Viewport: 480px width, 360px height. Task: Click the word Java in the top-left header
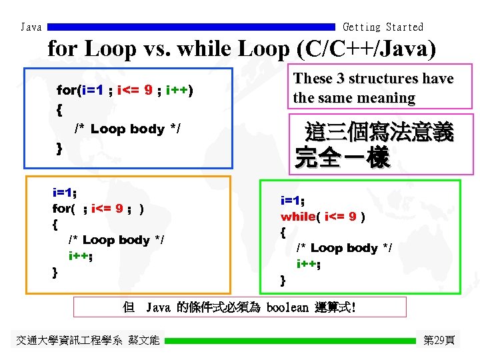[31, 27]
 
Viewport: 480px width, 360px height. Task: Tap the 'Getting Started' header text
[383, 27]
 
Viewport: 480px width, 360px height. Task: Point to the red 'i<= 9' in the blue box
[135, 89]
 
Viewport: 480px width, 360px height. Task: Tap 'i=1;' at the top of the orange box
[65, 193]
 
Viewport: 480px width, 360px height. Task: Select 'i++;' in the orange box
[81, 255]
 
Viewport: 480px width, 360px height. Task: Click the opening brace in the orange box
[55, 225]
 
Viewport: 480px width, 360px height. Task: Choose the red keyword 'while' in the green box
[298, 217]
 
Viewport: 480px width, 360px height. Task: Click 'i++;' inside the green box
[309, 264]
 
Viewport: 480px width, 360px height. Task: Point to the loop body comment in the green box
[344, 248]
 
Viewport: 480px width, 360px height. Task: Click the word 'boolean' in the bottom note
[287, 308]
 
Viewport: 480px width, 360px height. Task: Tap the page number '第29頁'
[439, 341]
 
